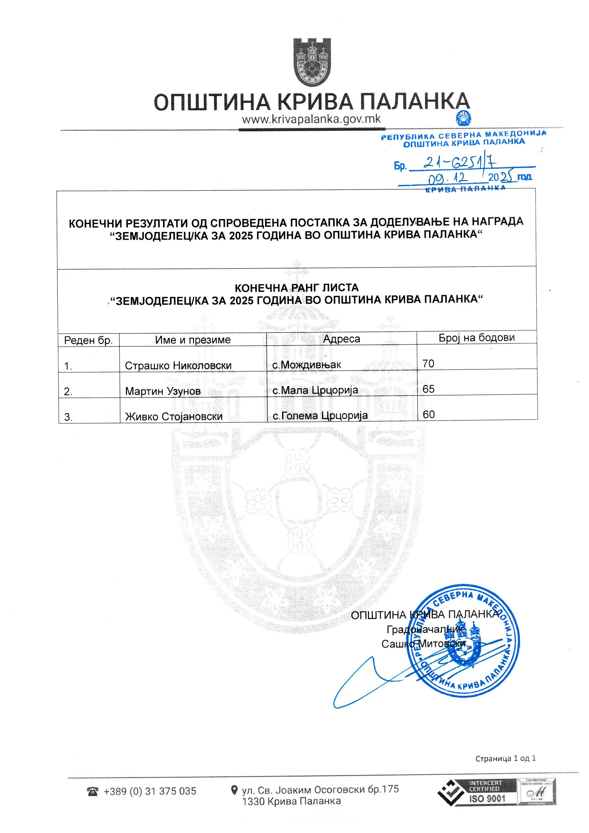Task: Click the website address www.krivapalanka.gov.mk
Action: [x=311, y=119]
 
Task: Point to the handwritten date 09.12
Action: [x=452, y=178]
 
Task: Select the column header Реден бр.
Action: [x=88, y=340]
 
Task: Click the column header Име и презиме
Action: [x=193, y=340]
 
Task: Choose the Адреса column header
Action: [x=341, y=339]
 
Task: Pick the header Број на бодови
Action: [x=476, y=337]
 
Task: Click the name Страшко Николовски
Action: [x=178, y=365]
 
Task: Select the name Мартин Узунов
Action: [x=162, y=391]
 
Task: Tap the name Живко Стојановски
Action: [x=174, y=416]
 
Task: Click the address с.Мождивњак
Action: [x=307, y=364]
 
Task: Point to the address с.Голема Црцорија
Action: [x=320, y=415]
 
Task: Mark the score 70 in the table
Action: [x=428, y=363]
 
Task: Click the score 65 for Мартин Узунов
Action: [x=428, y=389]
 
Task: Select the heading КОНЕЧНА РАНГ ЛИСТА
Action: [x=296, y=288]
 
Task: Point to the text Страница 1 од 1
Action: [x=505, y=758]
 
